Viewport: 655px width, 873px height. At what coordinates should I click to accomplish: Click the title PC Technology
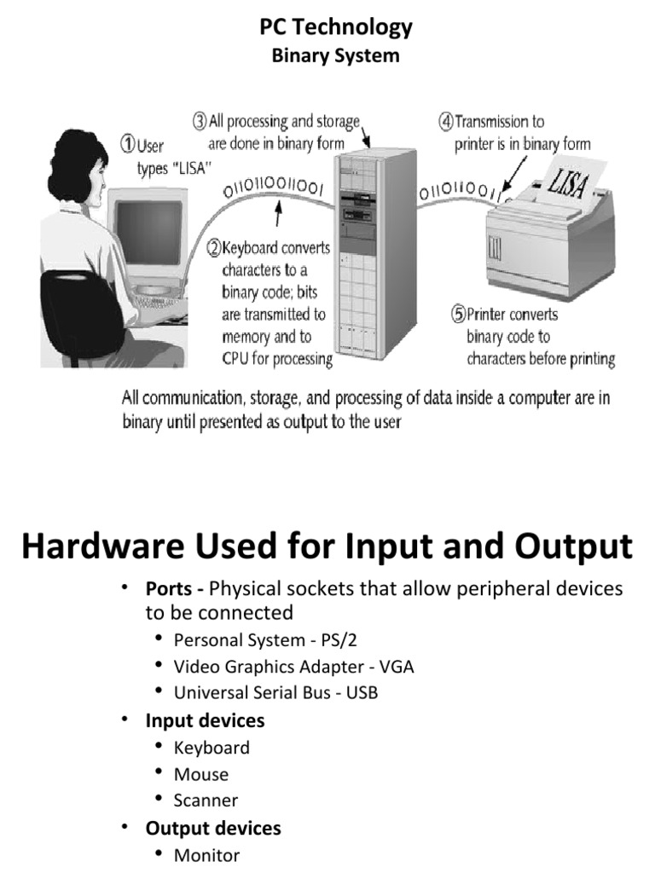335,27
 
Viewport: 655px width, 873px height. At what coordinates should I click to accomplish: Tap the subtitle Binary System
335,56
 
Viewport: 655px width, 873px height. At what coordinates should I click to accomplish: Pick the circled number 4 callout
445,122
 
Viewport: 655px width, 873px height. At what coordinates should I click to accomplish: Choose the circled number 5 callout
457,315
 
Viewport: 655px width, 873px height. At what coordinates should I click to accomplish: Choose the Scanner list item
206,801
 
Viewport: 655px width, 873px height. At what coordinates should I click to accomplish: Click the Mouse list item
201,774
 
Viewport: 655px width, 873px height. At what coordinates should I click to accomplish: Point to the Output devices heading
213,828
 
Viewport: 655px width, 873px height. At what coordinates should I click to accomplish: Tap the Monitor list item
207,855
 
